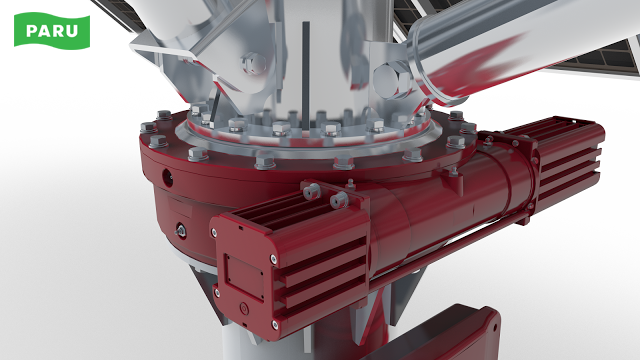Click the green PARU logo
[x=52, y=31]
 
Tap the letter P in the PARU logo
[x=31, y=31]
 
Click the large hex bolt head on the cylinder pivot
[x=393, y=80]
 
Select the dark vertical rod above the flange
[x=306, y=76]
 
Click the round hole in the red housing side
[x=168, y=177]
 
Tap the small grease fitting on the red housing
[x=180, y=231]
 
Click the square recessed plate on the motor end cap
[x=244, y=276]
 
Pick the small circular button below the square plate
[x=244, y=309]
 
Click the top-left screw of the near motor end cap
[x=214, y=233]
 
